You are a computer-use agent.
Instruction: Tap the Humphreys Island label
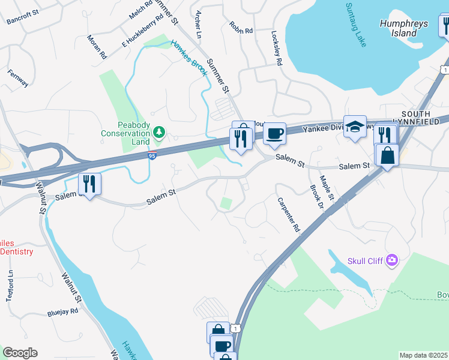point(403,28)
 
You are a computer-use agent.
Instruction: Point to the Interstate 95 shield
point(152,156)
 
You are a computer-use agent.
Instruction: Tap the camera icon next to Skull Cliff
point(392,260)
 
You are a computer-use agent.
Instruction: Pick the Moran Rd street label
point(97,46)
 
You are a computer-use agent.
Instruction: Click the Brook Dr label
point(316,196)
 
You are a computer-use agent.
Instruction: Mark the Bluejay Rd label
point(63,312)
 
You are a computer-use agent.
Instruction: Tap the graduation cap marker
point(355,127)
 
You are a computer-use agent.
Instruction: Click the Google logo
point(20,353)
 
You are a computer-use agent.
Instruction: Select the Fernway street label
point(18,79)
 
